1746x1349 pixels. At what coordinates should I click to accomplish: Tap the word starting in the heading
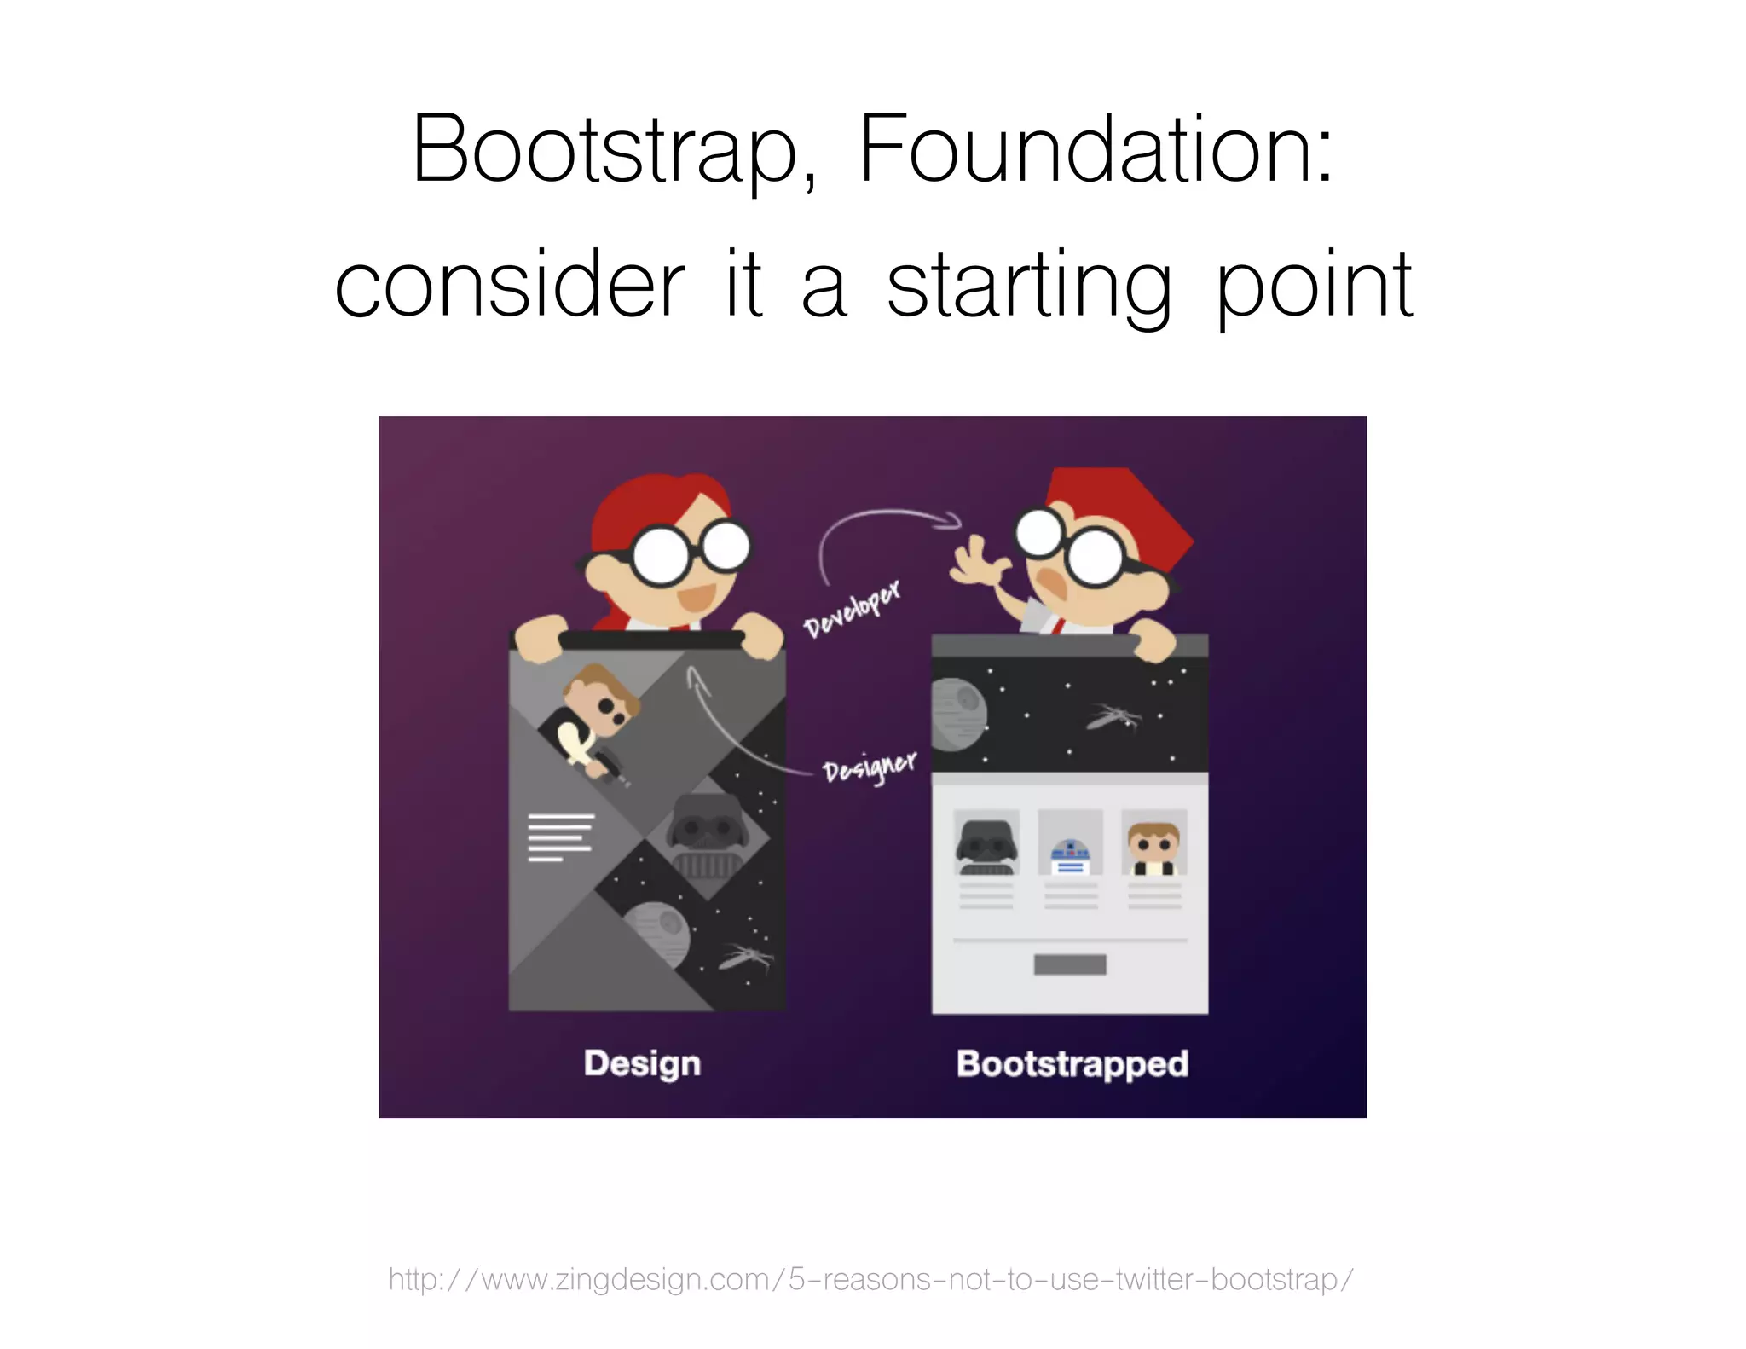tap(1029, 286)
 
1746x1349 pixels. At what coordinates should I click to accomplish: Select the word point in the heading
tap(1313, 286)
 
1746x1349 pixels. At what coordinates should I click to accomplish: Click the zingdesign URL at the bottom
tap(870, 1279)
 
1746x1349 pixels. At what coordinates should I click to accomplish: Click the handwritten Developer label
tap(851, 608)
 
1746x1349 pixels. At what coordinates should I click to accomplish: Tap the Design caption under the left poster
tap(642, 1063)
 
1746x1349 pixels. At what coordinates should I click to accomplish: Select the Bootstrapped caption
tap(1072, 1063)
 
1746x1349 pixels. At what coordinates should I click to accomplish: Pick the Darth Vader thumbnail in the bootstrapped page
tap(986, 844)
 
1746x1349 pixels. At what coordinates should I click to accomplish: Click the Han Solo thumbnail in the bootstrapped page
tap(1153, 844)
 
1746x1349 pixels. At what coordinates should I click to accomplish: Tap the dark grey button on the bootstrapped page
tap(1070, 964)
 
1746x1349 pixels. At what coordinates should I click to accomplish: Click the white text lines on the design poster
tap(560, 837)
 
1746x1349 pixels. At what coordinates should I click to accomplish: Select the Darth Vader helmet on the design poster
tap(708, 836)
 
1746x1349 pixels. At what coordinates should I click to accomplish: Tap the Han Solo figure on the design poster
tap(597, 716)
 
